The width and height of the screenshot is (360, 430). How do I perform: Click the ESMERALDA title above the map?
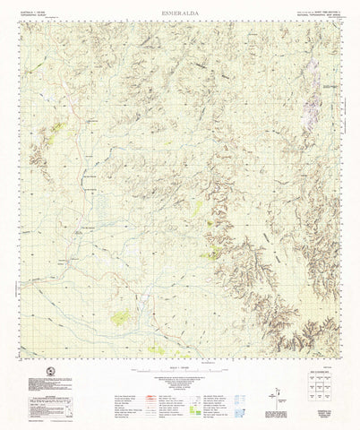tap(180, 12)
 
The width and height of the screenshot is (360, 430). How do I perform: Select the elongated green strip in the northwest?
tap(56, 130)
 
